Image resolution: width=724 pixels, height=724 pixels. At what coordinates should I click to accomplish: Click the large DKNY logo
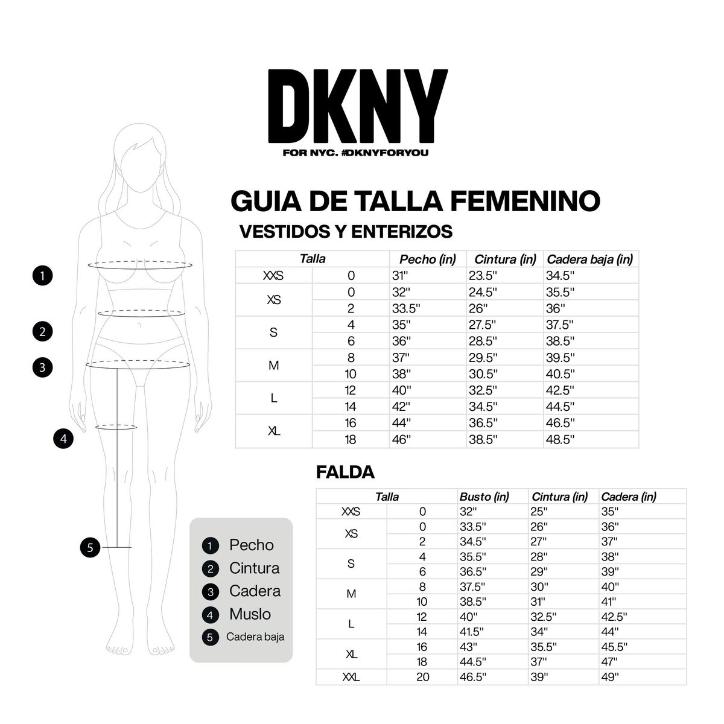point(357,106)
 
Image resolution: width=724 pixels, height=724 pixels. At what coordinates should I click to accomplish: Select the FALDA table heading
point(345,472)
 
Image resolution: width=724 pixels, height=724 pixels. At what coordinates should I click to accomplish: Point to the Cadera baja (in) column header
point(589,259)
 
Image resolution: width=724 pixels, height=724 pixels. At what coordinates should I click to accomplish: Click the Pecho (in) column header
point(427,259)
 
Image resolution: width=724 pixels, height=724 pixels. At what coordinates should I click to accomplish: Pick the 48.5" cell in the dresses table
point(560,440)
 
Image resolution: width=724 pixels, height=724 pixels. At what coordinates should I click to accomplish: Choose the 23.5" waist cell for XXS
point(483,276)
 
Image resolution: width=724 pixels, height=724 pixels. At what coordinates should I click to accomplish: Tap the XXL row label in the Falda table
point(351,678)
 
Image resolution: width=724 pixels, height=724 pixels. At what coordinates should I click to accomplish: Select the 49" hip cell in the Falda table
point(610,678)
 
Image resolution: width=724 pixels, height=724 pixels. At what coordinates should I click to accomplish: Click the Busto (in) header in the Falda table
point(484,497)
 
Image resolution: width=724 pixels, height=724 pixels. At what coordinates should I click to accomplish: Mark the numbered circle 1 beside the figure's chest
point(42,276)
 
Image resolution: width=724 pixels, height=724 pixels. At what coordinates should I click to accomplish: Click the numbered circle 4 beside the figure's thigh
point(63,439)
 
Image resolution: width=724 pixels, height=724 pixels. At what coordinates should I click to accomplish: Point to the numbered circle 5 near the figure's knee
point(90,548)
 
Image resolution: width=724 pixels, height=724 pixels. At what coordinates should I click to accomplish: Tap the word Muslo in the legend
point(250,614)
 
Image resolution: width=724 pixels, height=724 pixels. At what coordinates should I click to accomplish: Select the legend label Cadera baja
point(255,637)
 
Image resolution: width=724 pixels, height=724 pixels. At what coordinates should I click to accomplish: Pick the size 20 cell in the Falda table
point(422,678)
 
